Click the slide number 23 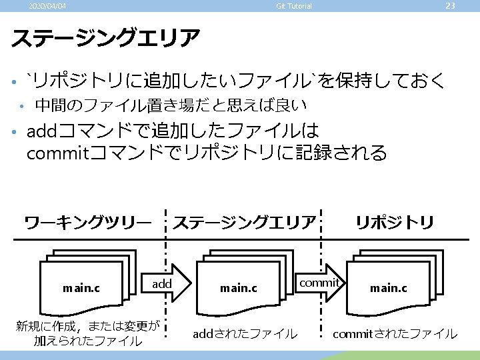(450, 6)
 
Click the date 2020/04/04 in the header (47, 7)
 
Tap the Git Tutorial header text (294, 7)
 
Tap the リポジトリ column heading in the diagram (395, 222)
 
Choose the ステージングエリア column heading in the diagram (244, 222)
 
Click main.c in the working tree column (81, 289)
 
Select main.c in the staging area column (239, 289)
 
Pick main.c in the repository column (389, 289)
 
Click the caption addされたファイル (245, 333)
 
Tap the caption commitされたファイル (395, 333)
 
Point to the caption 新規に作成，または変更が (88, 326)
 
